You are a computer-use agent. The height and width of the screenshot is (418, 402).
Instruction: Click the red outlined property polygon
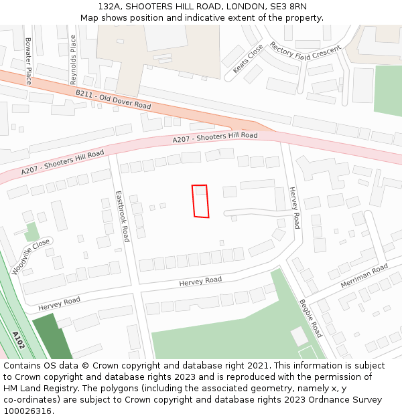[x=200, y=201]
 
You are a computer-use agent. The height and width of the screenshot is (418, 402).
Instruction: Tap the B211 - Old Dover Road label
[x=113, y=100]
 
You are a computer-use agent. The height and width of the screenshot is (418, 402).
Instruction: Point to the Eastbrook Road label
[x=123, y=216]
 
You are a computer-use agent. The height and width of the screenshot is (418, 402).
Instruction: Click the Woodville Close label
[x=31, y=257]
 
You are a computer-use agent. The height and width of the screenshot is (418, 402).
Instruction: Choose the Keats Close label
[x=248, y=59]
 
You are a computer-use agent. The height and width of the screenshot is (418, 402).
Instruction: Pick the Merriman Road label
[x=364, y=276]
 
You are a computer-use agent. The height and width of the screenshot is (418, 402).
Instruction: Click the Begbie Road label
[x=310, y=318]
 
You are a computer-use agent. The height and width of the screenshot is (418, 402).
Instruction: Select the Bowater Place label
[x=28, y=61]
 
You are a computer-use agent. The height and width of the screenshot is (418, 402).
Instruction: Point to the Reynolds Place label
[x=74, y=60]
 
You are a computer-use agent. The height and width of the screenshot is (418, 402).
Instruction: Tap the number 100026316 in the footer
[x=27, y=411]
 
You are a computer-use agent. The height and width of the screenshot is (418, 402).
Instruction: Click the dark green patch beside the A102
[x=51, y=337]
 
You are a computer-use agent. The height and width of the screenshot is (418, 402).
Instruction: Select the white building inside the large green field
[x=299, y=336]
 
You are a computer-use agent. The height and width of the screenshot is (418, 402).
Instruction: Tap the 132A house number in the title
[x=110, y=6]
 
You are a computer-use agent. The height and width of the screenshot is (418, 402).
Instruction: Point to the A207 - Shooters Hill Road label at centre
[x=214, y=137]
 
